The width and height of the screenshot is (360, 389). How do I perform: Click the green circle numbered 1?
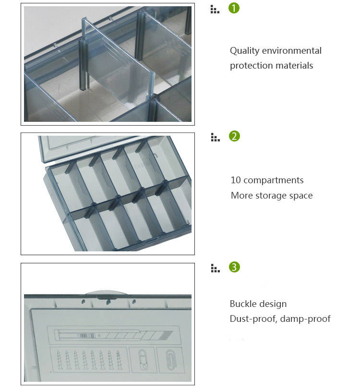tap(234, 8)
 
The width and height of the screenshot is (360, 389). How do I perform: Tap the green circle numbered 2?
tap(234, 136)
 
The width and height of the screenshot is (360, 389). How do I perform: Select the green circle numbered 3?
tap(234, 267)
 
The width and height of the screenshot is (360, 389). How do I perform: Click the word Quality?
tap(244, 51)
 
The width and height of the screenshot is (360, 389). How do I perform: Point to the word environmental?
tap(292, 51)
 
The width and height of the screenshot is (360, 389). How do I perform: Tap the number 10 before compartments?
tap(236, 180)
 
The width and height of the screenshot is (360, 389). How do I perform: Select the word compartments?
tap(273, 181)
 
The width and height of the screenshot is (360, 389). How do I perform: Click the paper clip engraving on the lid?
tap(170, 360)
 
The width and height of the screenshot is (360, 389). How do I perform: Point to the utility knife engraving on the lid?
tap(113, 335)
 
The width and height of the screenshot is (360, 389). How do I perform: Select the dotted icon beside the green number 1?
tap(215, 9)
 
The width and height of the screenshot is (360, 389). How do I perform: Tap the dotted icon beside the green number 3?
tap(215, 268)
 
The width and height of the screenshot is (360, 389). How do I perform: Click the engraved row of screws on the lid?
tap(89, 360)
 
